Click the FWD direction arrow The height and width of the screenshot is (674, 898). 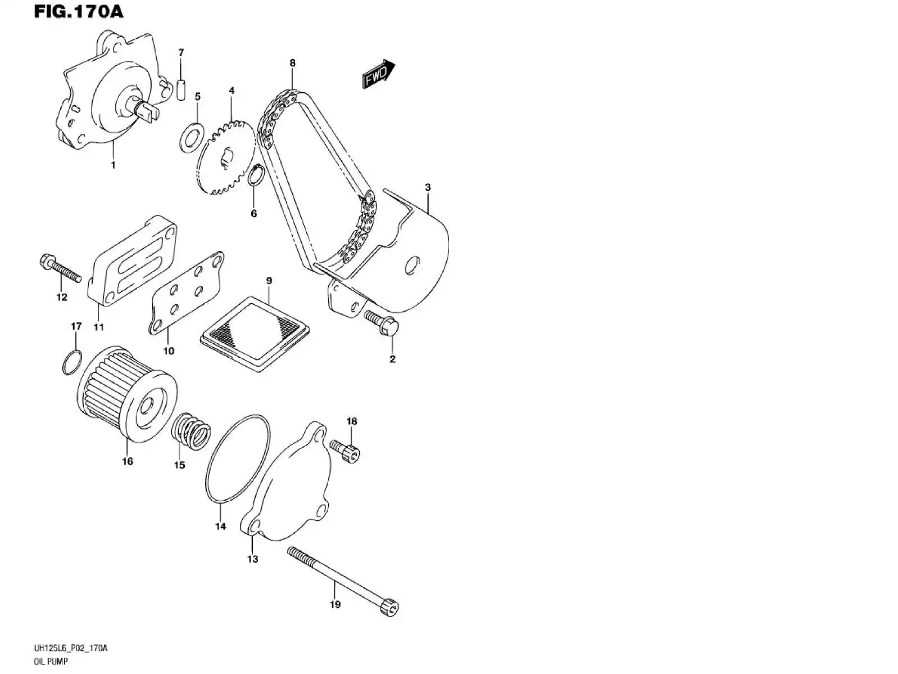378,75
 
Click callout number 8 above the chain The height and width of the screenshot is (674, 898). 292,63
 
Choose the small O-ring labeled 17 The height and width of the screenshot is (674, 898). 72,362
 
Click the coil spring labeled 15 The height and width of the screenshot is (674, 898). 191,433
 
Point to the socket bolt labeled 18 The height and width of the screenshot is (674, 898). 345,451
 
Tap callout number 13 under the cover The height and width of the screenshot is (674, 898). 253,559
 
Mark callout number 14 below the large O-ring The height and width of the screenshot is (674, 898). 220,526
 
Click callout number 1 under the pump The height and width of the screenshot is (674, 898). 113,165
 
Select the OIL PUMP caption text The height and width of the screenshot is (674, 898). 51,662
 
